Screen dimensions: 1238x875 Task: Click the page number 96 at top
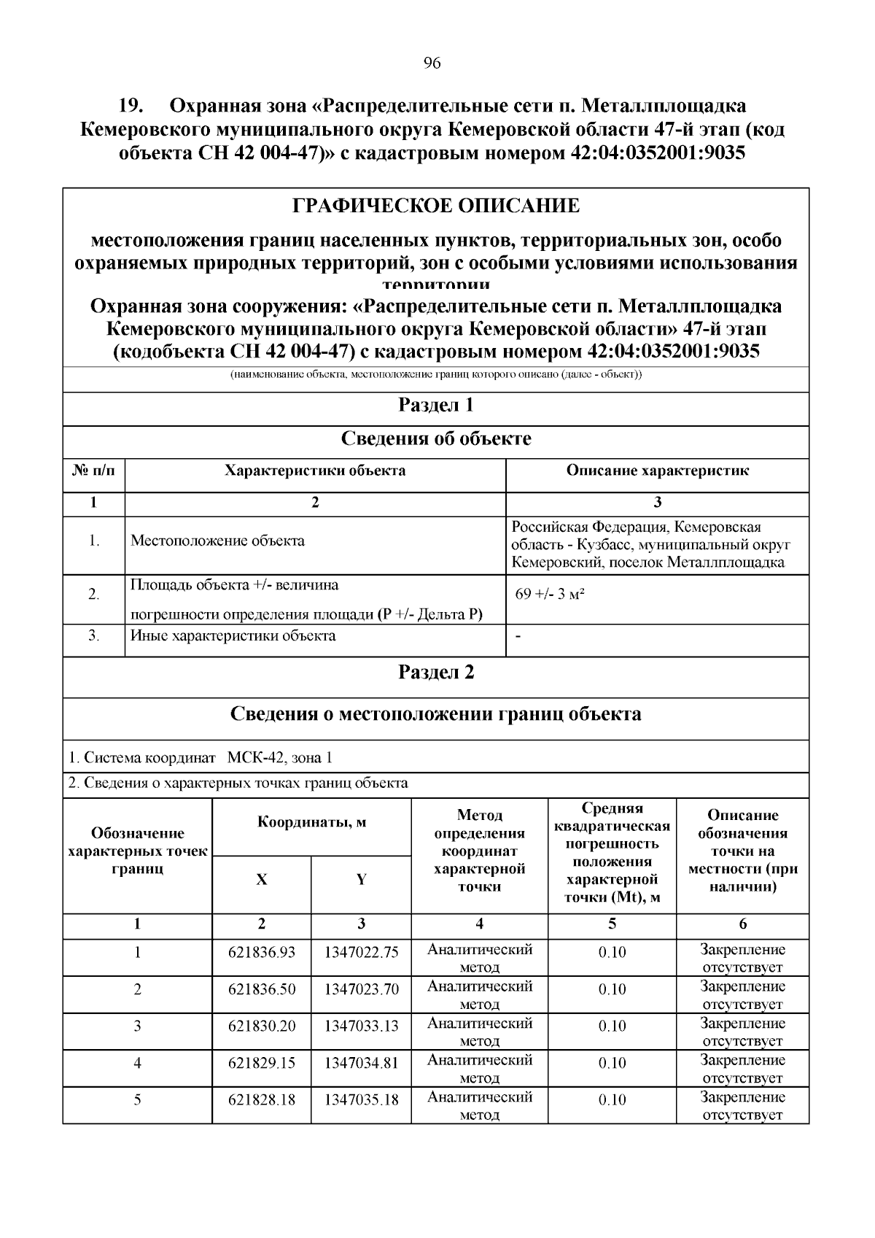pyautogui.click(x=432, y=63)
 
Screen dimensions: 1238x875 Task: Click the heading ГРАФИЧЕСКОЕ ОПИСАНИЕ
pyautogui.click(x=436, y=206)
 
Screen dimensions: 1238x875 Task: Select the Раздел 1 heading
pyautogui.click(x=436, y=405)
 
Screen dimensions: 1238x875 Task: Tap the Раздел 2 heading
pyautogui.click(x=436, y=672)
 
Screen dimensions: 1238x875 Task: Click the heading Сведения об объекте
pyautogui.click(x=436, y=438)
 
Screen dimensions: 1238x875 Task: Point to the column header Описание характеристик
pyautogui.click(x=657, y=471)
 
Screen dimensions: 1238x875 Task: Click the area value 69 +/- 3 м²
pyautogui.click(x=551, y=593)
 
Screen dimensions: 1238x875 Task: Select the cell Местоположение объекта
pyautogui.click(x=217, y=541)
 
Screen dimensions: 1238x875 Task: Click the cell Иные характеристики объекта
pyautogui.click(x=233, y=635)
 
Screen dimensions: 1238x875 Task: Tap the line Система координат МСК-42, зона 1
pyautogui.click(x=201, y=758)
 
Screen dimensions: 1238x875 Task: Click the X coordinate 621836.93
pyautogui.click(x=262, y=952)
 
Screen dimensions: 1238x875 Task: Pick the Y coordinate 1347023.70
pyautogui.click(x=361, y=989)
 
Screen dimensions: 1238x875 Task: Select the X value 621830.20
pyautogui.click(x=262, y=1026)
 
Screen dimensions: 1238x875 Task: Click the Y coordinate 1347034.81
pyautogui.click(x=361, y=1063)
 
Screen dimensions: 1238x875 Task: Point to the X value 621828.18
pyautogui.click(x=262, y=1099)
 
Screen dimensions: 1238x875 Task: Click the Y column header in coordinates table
pyautogui.click(x=361, y=880)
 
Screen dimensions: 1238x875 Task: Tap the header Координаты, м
pyautogui.click(x=311, y=823)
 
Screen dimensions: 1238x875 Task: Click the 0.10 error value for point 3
pyautogui.click(x=612, y=1026)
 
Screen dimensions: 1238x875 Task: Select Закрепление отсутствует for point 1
pyautogui.click(x=742, y=959)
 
